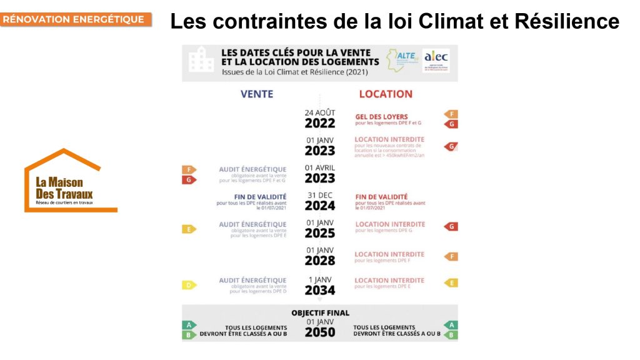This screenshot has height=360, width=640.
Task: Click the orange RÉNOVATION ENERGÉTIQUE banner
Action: (76, 19)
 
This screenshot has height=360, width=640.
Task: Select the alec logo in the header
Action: (436, 60)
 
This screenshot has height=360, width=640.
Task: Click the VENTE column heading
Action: (257, 94)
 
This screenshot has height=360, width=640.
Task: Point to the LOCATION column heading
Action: (386, 94)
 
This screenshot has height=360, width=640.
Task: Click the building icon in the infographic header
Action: (201, 60)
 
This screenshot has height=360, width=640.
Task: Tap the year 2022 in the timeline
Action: (320, 123)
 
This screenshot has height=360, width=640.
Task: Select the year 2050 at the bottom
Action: (320, 332)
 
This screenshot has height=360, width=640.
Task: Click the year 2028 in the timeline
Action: (320, 261)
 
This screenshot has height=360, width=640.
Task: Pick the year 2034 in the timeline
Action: (320, 291)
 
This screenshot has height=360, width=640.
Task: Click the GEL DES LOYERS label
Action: (381, 116)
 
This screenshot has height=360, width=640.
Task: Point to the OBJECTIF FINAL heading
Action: (320, 312)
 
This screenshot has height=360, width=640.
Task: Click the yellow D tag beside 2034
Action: (189, 285)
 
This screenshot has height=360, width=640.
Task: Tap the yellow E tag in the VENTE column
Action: (189, 229)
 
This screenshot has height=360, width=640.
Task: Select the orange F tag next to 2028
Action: (451, 256)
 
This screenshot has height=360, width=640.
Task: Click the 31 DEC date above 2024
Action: (320, 195)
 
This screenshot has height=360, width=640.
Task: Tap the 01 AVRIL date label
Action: (320, 167)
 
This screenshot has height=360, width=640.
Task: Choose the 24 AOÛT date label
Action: (320, 112)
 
